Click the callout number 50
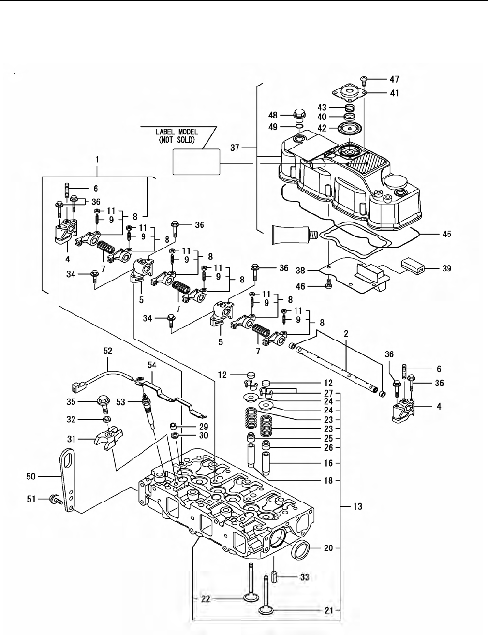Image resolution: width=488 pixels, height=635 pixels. coord(30,477)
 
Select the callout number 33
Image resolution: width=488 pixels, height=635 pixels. coord(304,577)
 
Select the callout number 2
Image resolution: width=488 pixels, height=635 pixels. coord(346,334)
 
